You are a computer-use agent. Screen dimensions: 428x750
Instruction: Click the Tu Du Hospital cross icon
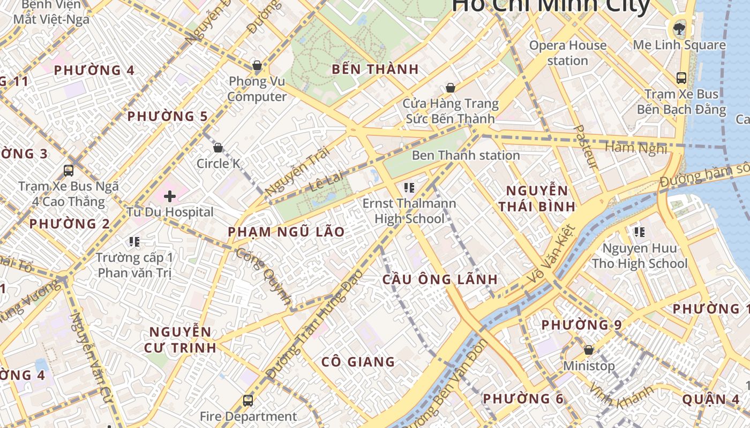(170, 196)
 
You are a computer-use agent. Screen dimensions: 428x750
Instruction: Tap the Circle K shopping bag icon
(218, 148)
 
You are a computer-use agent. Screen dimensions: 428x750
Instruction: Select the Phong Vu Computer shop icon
(257, 66)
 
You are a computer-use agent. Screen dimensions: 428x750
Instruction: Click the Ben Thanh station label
(466, 156)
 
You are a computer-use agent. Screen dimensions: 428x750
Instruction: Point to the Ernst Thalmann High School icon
(409, 188)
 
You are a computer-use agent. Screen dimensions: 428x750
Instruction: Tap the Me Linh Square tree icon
(679, 28)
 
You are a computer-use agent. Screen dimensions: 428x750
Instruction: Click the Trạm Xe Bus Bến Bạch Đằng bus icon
(681, 78)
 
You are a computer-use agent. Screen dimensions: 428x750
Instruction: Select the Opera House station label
(568, 53)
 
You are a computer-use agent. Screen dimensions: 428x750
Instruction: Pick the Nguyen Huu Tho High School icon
(639, 232)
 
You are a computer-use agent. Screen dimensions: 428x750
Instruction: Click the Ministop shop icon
(589, 350)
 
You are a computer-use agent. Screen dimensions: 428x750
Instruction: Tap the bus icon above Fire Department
(248, 400)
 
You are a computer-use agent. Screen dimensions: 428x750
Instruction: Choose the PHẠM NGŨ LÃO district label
(286, 232)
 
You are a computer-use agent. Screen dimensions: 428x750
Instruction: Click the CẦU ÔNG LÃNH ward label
(440, 279)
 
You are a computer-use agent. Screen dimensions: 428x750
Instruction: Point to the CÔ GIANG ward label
(358, 362)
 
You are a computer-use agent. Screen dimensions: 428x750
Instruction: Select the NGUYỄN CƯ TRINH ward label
(180, 340)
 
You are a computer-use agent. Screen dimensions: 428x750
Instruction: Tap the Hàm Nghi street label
(636, 147)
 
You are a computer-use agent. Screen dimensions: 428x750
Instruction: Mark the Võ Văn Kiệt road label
(551, 255)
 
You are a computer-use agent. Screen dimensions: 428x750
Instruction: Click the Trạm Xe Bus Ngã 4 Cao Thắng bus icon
(69, 171)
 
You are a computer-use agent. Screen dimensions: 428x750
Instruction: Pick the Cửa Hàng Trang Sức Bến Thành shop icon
(451, 88)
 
